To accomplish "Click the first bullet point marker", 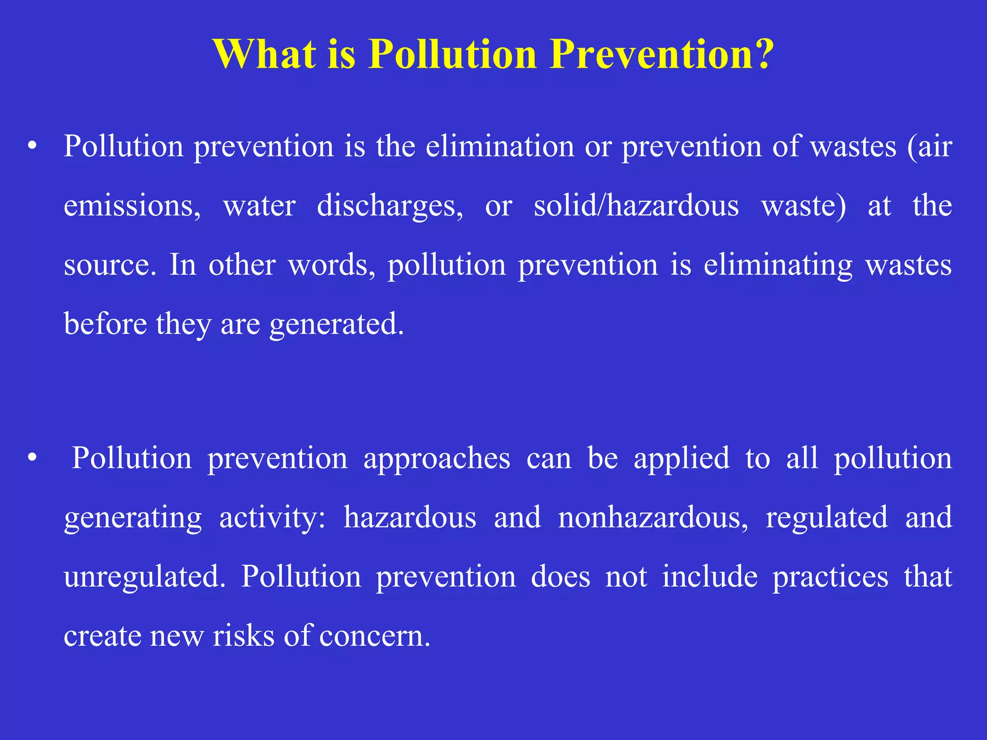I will [32, 146].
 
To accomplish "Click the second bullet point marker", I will [32, 458].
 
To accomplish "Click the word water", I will [259, 206].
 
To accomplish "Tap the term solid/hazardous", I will [636, 206].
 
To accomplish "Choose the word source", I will [110, 265].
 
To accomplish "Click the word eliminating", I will [778, 265].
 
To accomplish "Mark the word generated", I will [336, 325].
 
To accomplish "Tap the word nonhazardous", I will [653, 517].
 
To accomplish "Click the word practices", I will [830, 577].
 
